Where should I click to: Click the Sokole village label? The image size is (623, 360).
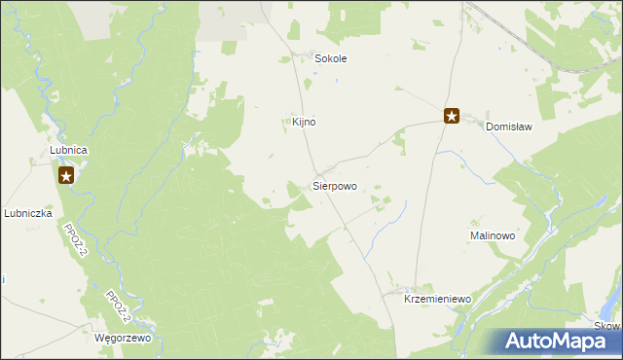coord(330,58)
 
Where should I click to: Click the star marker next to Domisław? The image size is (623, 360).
coord(452,116)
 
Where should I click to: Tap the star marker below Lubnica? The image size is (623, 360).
coord(66,175)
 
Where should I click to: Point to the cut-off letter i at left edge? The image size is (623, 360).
coord(2,279)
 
